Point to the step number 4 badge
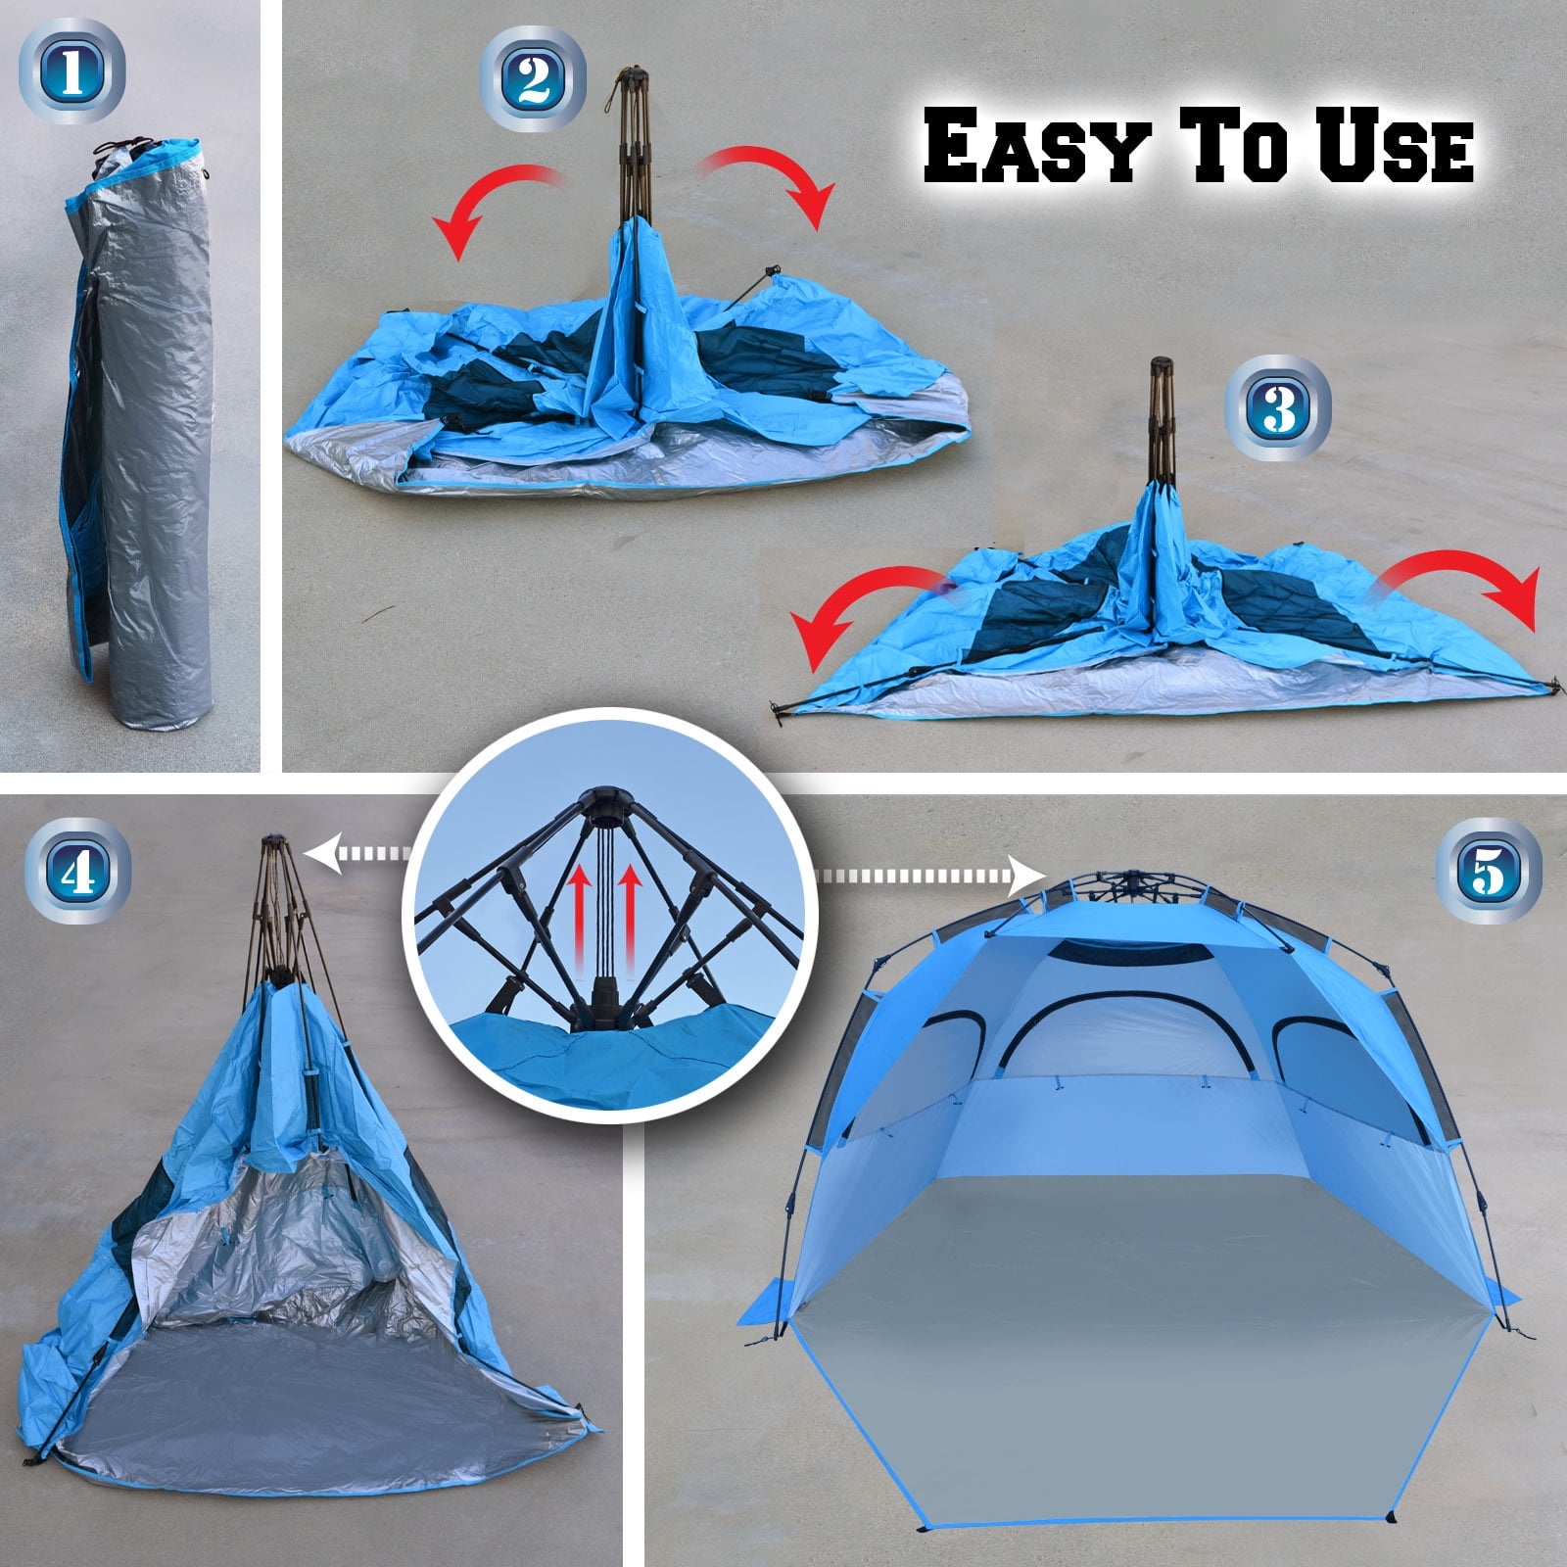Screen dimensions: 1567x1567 [x=75, y=872]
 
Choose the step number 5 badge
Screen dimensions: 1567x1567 [x=1489, y=870]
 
